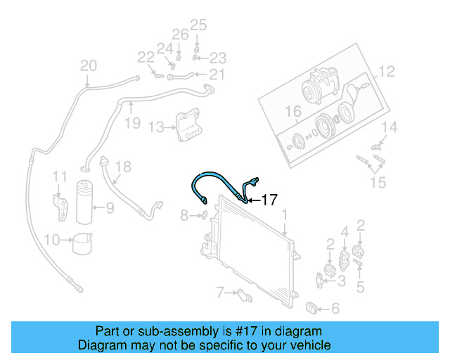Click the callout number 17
(x=269, y=200)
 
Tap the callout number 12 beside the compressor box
(x=387, y=72)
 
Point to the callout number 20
(x=88, y=66)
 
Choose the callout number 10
(x=51, y=240)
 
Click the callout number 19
(x=132, y=124)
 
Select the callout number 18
(x=123, y=167)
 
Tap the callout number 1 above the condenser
(x=284, y=214)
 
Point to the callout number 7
(x=219, y=291)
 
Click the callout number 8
(x=184, y=215)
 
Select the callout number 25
(x=199, y=26)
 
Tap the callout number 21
(x=216, y=75)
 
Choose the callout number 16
(x=292, y=111)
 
